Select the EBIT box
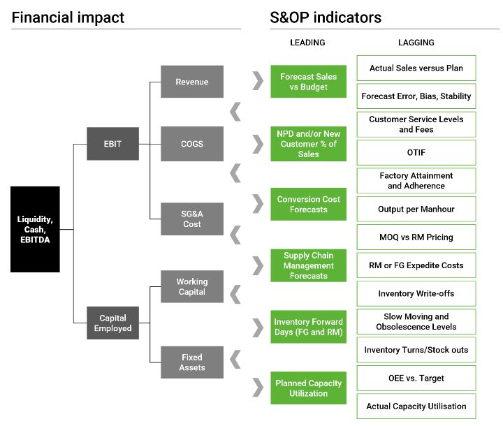[x=112, y=144]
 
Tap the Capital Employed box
[x=112, y=323]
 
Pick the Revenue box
[x=192, y=82]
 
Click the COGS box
[x=192, y=144]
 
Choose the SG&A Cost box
[x=192, y=219]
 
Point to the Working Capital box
[x=192, y=286]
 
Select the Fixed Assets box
[x=192, y=362]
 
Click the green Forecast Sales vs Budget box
[x=308, y=82]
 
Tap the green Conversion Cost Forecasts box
[x=308, y=204]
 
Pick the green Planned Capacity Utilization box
[x=308, y=388]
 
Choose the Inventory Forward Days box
[x=308, y=327]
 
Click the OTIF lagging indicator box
[x=416, y=152]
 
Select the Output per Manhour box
[x=416, y=209]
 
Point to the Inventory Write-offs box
[x=416, y=294]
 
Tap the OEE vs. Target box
[x=416, y=379]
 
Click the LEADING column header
[x=307, y=43]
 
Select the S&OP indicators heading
[x=326, y=17]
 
